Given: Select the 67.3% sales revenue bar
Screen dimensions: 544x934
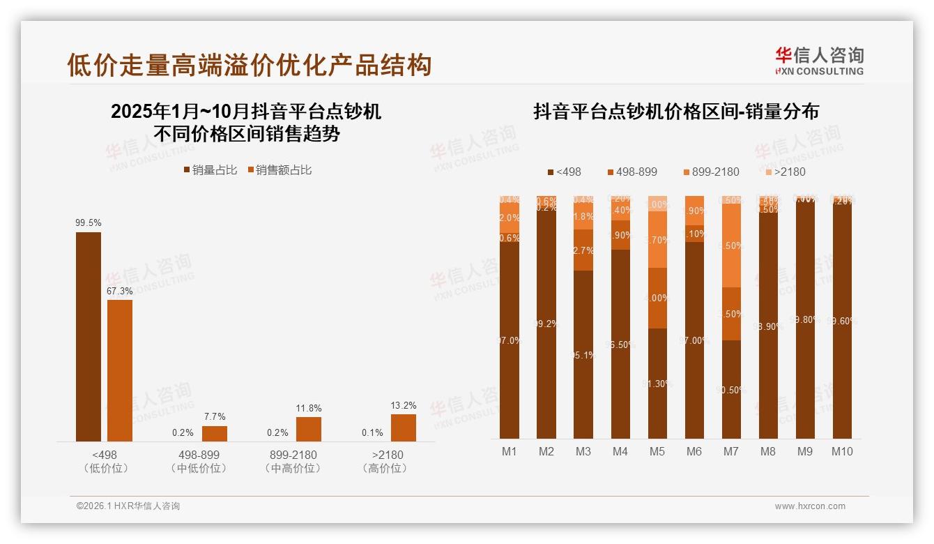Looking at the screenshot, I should (x=120, y=370).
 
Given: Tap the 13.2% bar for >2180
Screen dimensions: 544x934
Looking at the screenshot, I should (x=404, y=428).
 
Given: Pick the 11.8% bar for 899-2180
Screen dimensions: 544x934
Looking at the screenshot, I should (x=309, y=429).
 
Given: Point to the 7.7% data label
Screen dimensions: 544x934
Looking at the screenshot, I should (x=215, y=416).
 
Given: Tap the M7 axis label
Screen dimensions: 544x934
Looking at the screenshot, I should (x=730, y=451).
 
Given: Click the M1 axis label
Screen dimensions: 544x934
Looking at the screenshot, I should (x=510, y=451).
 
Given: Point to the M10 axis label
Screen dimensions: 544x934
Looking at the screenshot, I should (x=841, y=451).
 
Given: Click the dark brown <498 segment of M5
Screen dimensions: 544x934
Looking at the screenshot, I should (x=657, y=383).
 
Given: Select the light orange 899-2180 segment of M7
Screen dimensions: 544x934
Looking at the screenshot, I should (x=731, y=245).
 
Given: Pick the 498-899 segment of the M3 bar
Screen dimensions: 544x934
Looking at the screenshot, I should (x=583, y=250).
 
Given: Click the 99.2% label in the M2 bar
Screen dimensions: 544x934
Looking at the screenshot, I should (x=546, y=324).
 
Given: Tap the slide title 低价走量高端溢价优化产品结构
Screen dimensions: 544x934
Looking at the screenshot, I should (x=250, y=65).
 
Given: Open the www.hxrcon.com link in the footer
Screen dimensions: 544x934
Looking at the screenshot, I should (x=810, y=506).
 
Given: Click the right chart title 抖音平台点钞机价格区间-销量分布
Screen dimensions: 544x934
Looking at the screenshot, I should (x=675, y=112).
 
